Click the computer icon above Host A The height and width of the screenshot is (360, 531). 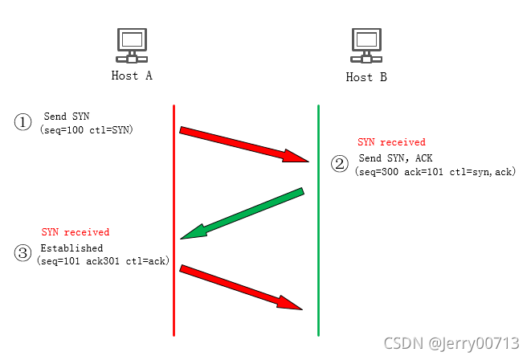tap(132, 47)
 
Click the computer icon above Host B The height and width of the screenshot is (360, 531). tap(366, 47)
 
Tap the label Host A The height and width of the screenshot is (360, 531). tap(132, 76)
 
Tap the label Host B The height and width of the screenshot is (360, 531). tap(366, 77)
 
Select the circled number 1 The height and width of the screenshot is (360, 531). tap(22, 122)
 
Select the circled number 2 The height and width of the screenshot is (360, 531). tap(340, 164)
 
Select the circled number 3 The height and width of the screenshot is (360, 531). tap(22, 253)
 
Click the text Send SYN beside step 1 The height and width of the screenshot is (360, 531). tap(67, 117)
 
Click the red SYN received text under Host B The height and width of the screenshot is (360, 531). tap(391, 142)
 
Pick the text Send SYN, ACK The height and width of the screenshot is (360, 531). tap(395, 158)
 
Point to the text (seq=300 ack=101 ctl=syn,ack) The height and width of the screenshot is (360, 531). tap(435, 172)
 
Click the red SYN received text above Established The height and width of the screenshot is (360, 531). tap(76, 232)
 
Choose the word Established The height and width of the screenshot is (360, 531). tap(71, 248)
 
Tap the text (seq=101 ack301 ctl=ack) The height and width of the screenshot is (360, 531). tap(102, 260)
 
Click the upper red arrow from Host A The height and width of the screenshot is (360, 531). tap(243, 145)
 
